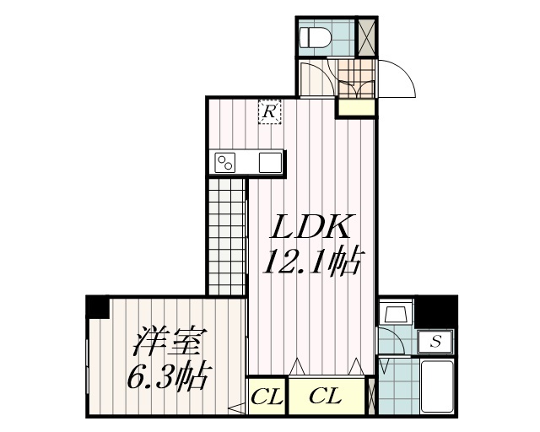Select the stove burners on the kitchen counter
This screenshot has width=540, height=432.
(x=225, y=162)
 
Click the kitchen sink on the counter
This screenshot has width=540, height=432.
(x=270, y=162)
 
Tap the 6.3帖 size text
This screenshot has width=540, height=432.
(x=168, y=376)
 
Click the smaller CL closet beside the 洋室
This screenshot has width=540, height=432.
(x=267, y=396)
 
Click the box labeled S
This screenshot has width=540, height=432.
(x=436, y=342)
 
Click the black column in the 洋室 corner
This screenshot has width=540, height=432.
(x=98, y=305)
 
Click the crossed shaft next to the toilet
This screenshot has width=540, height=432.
(x=366, y=37)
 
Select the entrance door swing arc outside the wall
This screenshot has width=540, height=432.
(x=397, y=80)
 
